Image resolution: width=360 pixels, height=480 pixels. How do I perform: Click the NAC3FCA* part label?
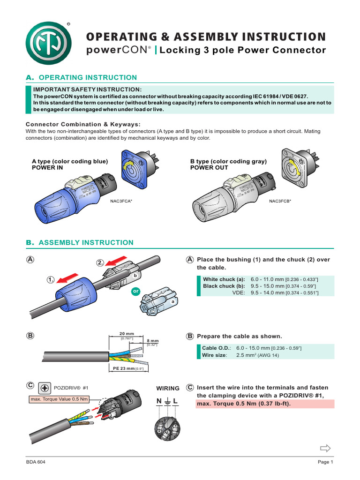pos(121,201)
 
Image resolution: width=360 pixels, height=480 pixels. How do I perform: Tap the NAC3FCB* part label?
pos(280,201)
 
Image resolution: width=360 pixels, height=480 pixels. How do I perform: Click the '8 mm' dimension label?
pos(153,341)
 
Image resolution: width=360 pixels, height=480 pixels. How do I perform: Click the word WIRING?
pos(168,389)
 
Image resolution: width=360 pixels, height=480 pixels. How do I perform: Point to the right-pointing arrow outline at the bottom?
pos(325,448)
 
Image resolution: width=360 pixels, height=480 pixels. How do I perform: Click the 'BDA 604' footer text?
pos(36,462)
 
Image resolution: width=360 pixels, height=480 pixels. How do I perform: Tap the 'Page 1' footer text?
pos(325,462)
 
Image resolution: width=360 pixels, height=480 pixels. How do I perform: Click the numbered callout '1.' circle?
pos(51,279)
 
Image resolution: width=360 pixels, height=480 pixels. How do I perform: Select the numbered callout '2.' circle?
pos(101,262)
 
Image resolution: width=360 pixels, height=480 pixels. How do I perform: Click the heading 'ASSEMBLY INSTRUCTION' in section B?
pos(86,242)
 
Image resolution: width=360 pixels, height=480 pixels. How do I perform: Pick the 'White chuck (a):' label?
pos(224,278)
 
